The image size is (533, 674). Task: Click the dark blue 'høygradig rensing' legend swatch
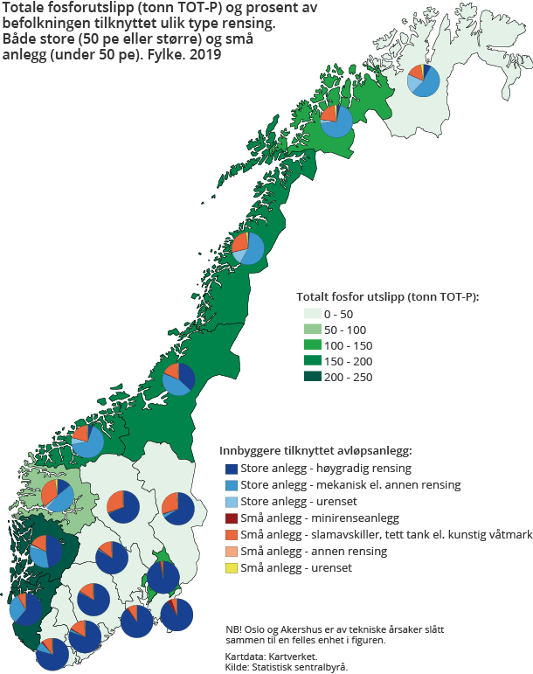231,468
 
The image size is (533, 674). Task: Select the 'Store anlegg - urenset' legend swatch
231,501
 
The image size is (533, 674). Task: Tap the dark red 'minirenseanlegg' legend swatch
231,518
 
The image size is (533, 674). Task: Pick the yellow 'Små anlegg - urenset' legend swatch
231,567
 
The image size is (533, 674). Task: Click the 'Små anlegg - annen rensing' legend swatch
231,551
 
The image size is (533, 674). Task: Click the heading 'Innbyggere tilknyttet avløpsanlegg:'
315,451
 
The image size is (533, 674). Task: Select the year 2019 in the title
205,53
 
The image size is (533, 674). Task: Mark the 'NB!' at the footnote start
234,628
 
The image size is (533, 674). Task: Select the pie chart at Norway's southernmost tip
52,653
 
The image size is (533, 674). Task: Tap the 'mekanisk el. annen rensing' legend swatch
231,484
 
